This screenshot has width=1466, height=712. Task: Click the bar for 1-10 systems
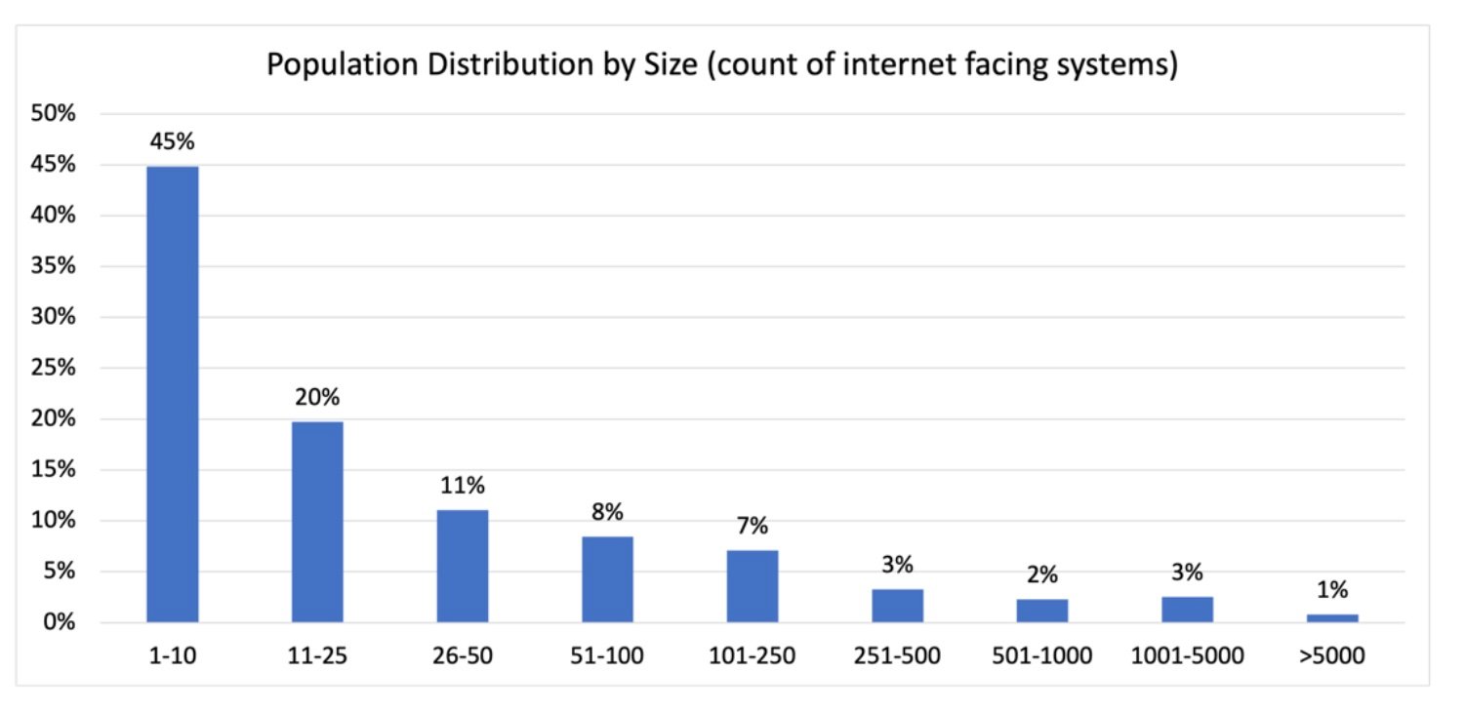pos(173,394)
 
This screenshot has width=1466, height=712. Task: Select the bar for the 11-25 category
pos(317,522)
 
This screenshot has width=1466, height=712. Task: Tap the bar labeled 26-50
pos(463,566)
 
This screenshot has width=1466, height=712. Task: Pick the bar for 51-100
pos(607,579)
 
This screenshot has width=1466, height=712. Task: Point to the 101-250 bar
pos(753,586)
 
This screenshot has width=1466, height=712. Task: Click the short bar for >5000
pos(1332,618)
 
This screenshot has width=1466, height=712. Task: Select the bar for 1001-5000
pos(1187,610)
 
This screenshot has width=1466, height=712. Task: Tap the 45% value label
pos(173,142)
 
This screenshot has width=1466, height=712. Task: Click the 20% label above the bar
pos(317,398)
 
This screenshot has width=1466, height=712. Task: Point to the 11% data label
pos(463,486)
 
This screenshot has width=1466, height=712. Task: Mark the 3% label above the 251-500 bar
pos(897,565)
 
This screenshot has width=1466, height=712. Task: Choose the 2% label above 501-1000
pos(1042,575)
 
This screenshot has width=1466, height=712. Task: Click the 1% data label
pos(1332,590)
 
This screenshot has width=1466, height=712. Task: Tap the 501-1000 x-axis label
pos(1042,656)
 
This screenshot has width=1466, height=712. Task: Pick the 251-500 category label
pos(897,656)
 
